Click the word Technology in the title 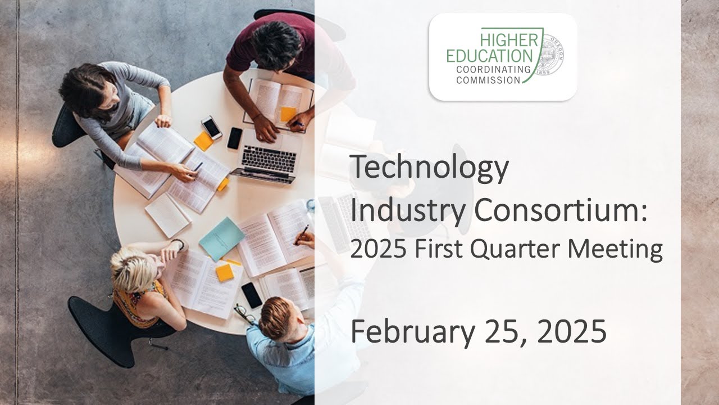click(429, 168)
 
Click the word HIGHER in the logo click(509, 41)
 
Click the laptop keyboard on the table click(269, 160)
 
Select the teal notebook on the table click(221, 238)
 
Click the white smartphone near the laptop click(212, 128)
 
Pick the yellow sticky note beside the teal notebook click(225, 272)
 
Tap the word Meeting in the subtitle click(618, 249)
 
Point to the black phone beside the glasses click(251, 295)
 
